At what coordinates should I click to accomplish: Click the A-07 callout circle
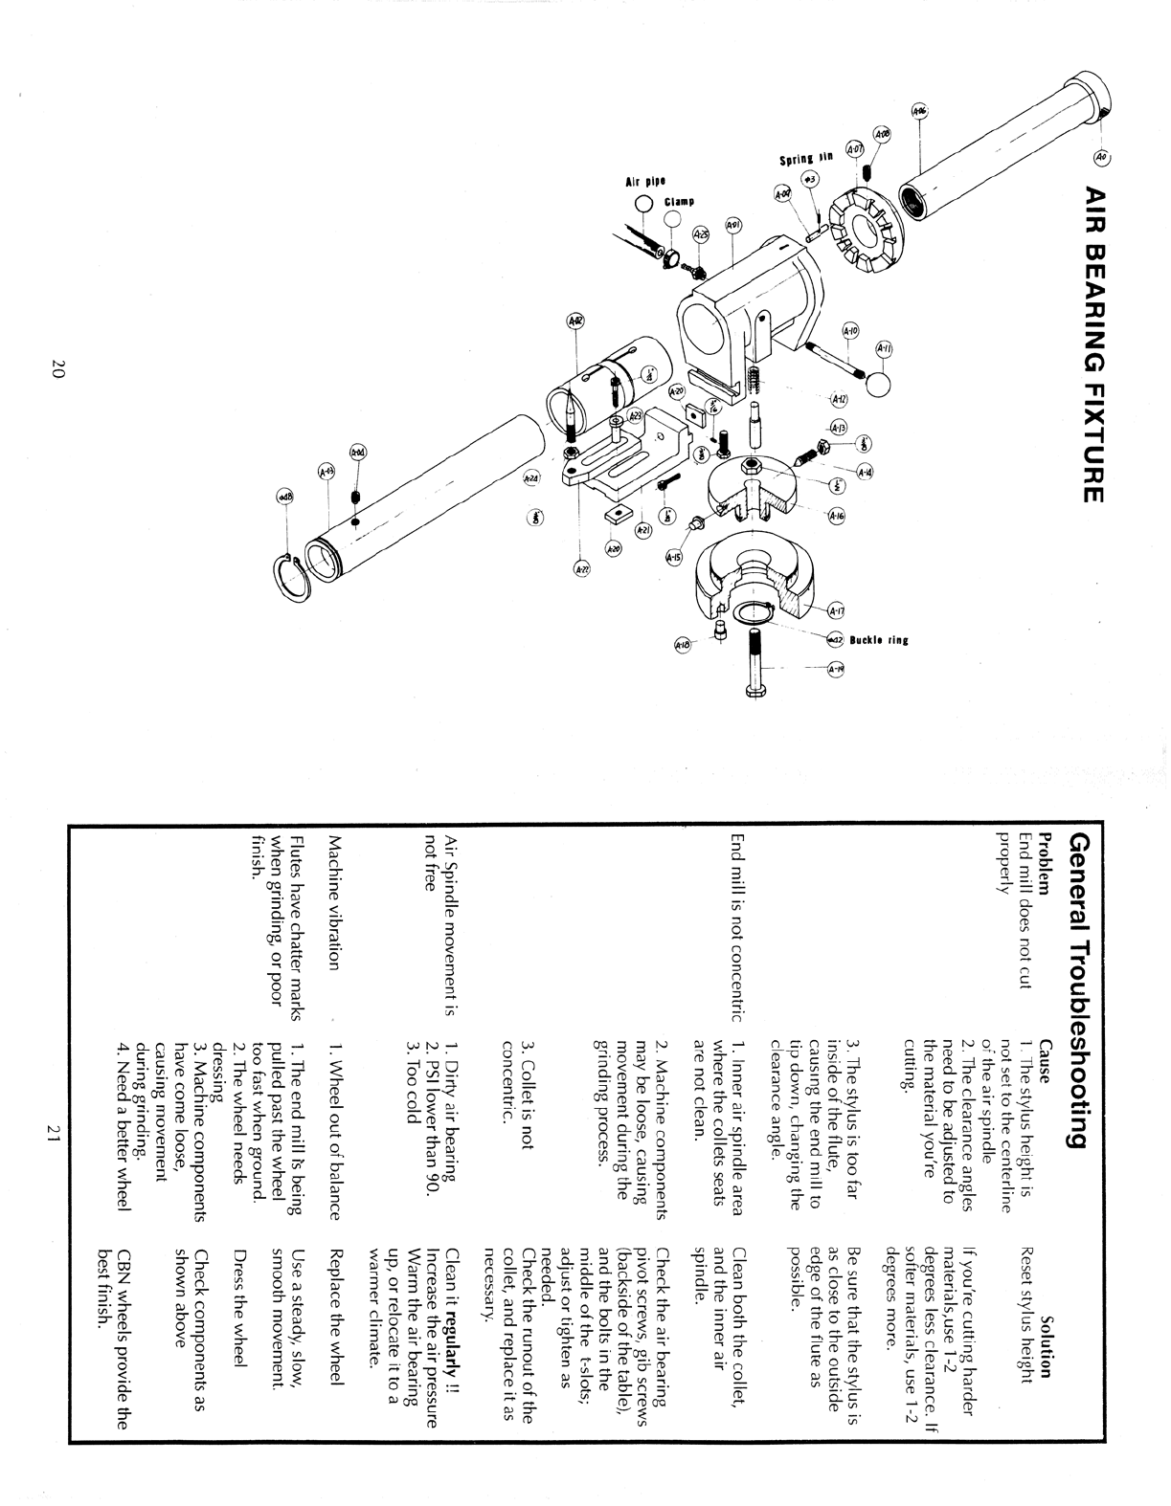(x=855, y=149)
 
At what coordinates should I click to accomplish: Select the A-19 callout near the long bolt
(x=837, y=669)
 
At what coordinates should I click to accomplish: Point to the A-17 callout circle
(x=837, y=611)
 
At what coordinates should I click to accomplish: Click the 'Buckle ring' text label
(x=879, y=640)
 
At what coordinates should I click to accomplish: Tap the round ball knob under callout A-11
(x=878, y=383)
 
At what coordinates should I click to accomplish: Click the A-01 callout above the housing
(x=732, y=226)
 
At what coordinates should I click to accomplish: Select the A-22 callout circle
(x=582, y=569)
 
